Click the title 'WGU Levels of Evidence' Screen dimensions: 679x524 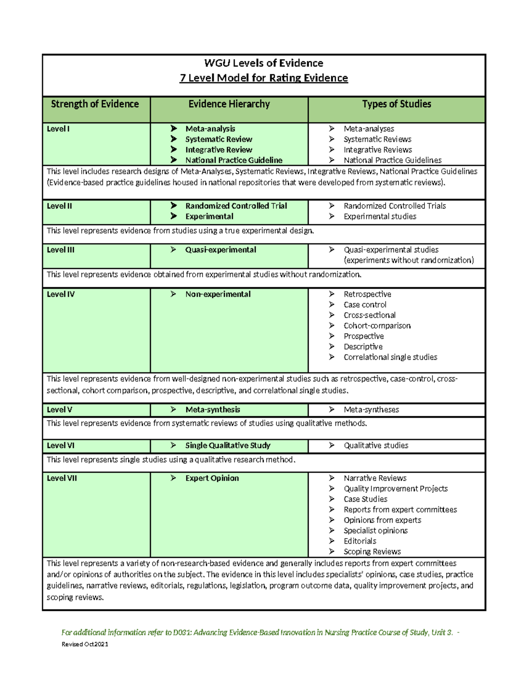tap(264, 63)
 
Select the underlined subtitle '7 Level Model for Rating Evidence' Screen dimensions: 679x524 tap(264, 78)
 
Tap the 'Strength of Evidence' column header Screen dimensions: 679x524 tap(95, 104)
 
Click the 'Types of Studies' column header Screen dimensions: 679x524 tap(396, 104)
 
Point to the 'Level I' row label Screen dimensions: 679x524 tap(58, 129)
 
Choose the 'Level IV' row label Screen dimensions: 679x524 tap(61, 294)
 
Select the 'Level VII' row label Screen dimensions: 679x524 tap(62, 478)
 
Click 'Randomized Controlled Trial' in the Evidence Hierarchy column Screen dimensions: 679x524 tap(236, 206)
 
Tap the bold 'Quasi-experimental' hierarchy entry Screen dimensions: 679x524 tap(221, 250)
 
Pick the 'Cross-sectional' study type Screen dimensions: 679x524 tap(369, 315)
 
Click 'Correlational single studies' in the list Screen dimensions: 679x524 tap(390, 357)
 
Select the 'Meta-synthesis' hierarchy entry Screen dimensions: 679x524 tap(213, 410)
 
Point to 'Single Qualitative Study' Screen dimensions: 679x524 tap(228, 446)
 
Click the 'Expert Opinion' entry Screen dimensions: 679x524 tap(212, 478)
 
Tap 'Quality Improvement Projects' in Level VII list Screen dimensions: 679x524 tap(395, 489)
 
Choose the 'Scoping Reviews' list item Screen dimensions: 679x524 tap(372, 552)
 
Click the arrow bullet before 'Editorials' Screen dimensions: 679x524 tap(332, 541)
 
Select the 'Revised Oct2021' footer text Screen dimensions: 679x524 tap(85, 644)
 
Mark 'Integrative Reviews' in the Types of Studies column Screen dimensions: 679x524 tap(377, 150)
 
